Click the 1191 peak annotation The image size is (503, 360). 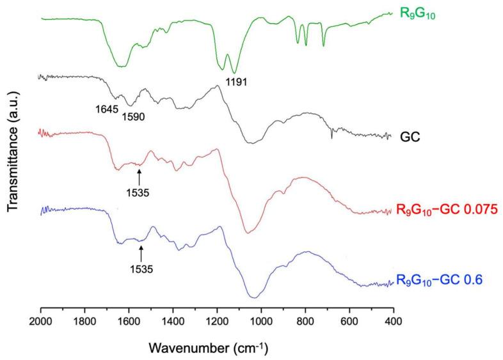pos(237,82)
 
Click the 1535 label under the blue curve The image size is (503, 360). pos(141,269)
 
